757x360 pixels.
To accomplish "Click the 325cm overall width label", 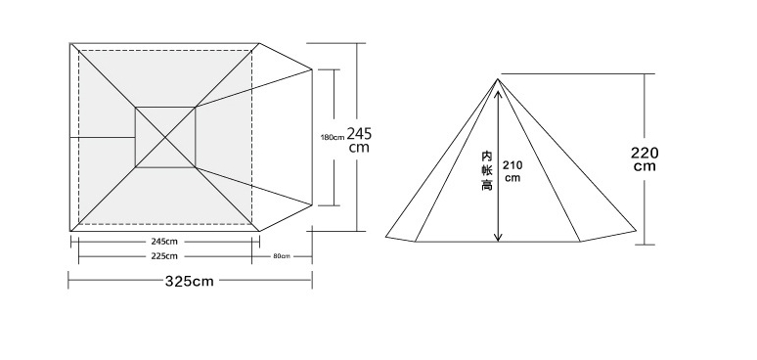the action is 190,282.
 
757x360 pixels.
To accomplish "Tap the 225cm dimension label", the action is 164,256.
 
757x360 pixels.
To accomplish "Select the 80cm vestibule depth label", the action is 282,256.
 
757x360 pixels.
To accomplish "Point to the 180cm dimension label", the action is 333,138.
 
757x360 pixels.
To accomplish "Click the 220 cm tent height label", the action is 645,159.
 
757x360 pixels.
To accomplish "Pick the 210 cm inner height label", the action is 512,171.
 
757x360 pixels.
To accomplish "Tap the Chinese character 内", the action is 487,157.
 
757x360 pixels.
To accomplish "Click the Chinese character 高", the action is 487,184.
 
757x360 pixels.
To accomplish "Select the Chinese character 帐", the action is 487,170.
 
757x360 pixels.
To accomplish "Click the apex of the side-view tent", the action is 498,79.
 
